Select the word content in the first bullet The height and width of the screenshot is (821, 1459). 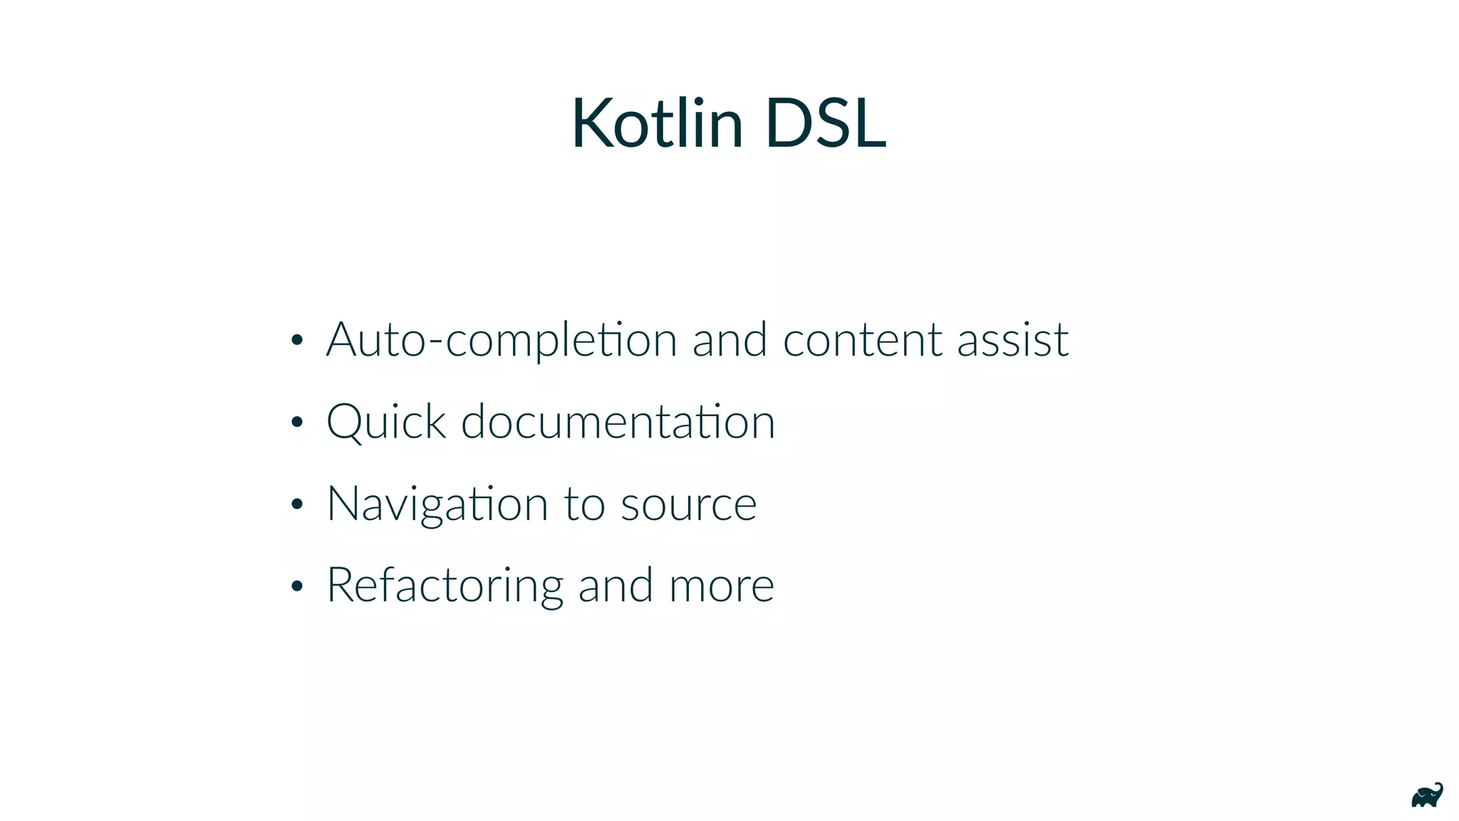pos(861,340)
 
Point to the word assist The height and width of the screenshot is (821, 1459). pos(1012,340)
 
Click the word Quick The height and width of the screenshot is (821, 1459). pos(386,421)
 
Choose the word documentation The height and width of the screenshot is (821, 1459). pos(618,421)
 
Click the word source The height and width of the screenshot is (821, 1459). pos(688,505)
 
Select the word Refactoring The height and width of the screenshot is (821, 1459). pos(445,585)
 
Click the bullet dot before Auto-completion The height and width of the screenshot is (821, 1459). pos(297,340)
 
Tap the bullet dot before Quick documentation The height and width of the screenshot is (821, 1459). pos(297,422)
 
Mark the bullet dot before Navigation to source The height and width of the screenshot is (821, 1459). pos(297,505)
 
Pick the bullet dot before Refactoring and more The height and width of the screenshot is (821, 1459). pos(297,586)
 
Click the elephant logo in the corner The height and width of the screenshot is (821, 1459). pos(1427,795)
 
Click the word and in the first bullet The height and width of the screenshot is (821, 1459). pos(729,340)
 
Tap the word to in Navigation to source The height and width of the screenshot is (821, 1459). pos(584,505)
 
